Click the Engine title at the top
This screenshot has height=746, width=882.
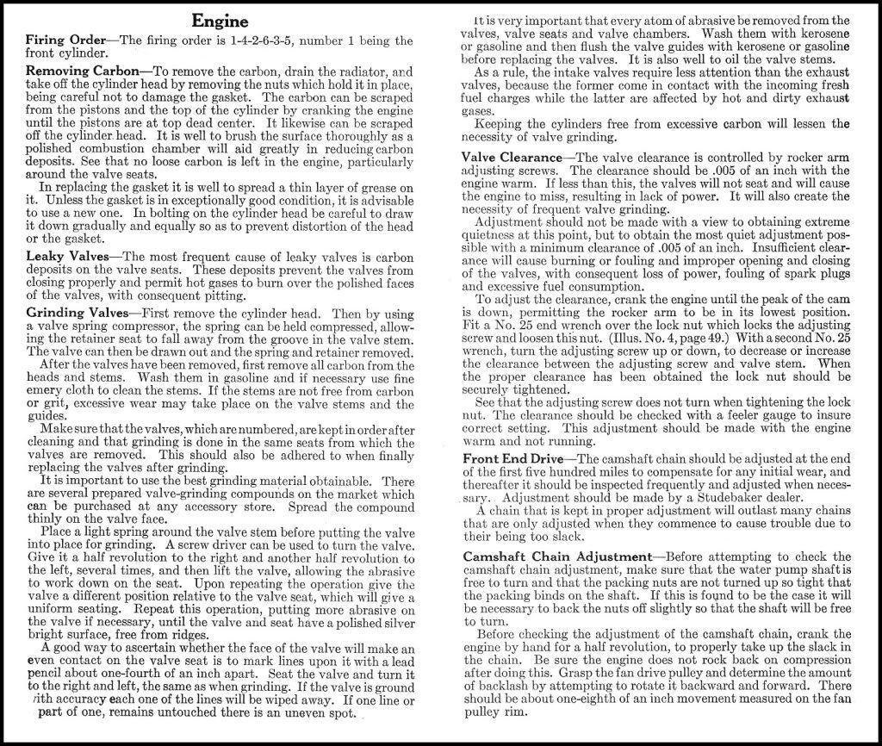pyautogui.click(x=220, y=21)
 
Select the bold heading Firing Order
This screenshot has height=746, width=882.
pyautogui.click(x=65, y=40)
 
